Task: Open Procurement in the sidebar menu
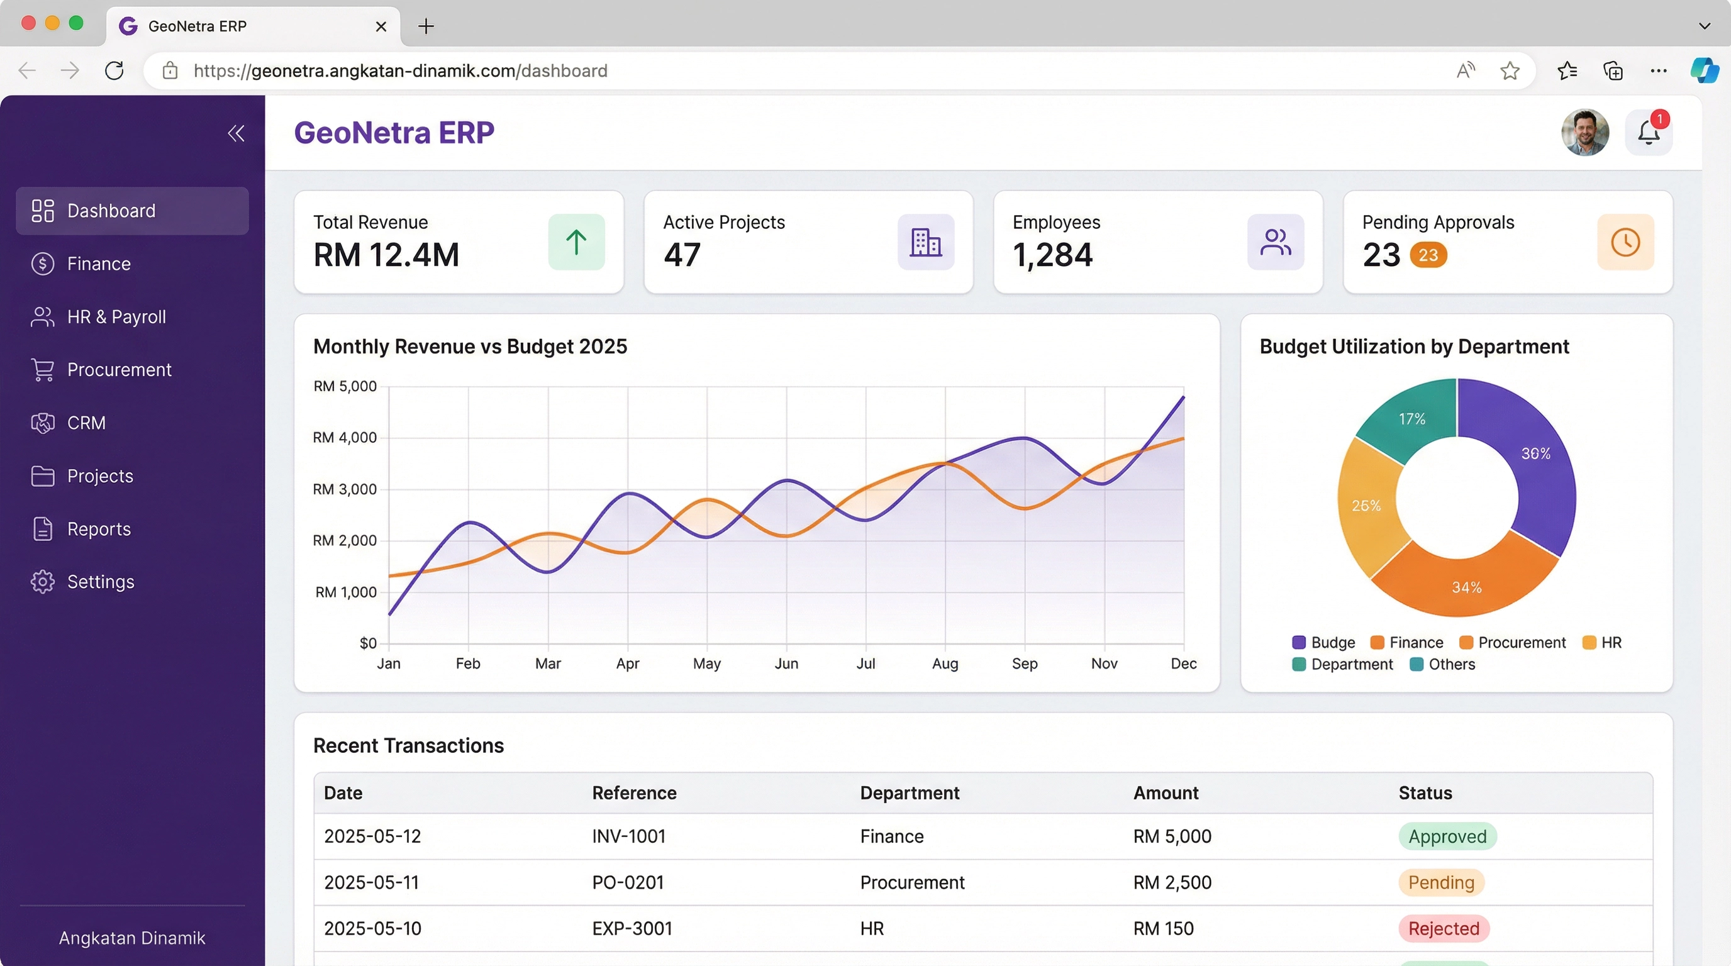click(118, 369)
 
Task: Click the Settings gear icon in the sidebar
click(42, 582)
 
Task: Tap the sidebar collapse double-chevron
click(236, 133)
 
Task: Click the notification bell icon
click(1649, 133)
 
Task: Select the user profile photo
click(1584, 132)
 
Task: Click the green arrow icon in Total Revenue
click(576, 242)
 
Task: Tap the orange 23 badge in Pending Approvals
click(1428, 255)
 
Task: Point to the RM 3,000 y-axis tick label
click(344, 489)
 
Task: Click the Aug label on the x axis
click(945, 663)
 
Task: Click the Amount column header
click(1166, 792)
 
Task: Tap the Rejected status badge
click(1444, 928)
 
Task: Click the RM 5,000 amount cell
click(1172, 836)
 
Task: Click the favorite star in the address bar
click(1509, 70)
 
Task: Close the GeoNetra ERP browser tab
click(381, 26)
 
